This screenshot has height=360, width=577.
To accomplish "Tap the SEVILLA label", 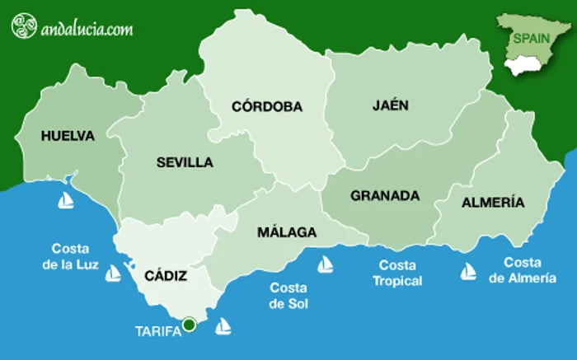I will [x=185, y=162].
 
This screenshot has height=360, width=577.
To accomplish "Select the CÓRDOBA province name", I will [x=267, y=106].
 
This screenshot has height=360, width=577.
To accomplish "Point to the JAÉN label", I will [x=391, y=105].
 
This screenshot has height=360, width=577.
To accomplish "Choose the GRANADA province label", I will [x=385, y=196].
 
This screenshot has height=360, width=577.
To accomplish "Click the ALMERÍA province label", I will [x=493, y=202].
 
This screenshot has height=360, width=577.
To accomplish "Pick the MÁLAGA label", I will [x=287, y=232].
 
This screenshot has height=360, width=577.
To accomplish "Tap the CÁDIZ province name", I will [x=166, y=276].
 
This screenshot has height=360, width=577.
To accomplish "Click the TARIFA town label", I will [x=156, y=333].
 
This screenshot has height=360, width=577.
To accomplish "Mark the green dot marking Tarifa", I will [x=189, y=325].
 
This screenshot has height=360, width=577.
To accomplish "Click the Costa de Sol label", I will [x=288, y=296].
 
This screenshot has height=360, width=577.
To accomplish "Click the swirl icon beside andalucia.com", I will [x=24, y=26].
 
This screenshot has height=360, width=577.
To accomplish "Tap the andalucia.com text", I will [x=86, y=29].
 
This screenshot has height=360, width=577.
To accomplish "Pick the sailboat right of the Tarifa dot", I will [x=223, y=326].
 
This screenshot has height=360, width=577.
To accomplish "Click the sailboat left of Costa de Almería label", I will [x=468, y=270].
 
